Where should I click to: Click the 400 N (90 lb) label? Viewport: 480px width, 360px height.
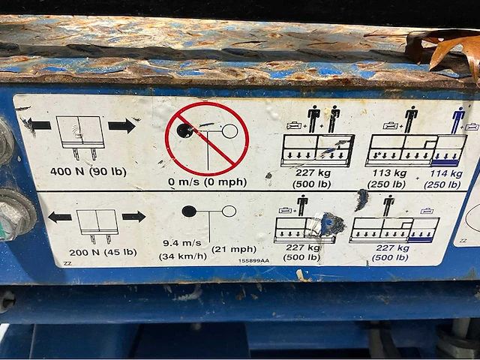click(x=88, y=172)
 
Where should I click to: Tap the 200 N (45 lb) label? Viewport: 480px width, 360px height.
click(x=103, y=253)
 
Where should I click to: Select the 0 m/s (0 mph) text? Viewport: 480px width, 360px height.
click(x=207, y=181)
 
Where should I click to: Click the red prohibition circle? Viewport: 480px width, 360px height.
click(x=207, y=139)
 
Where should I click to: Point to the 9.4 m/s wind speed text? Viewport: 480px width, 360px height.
click(x=182, y=243)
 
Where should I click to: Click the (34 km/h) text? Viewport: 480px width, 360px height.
click(x=183, y=256)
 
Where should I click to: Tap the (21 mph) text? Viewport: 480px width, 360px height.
click(x=234, y=249)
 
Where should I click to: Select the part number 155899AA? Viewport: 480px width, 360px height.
click(x=253, y=261)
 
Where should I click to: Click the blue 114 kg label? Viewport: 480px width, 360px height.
click(x=446, y=173)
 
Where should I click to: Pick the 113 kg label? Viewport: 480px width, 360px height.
click(x=389, y=173)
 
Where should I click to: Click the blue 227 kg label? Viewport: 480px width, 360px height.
click(x=393, y=247)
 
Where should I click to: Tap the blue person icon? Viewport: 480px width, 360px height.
click(x=458, y=120)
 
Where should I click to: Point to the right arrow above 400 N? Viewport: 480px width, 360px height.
click(x=121, y=126)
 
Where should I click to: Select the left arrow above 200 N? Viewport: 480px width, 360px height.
click(x=60, y=217)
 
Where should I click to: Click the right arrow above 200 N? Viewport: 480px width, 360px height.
click(x=133, y=217)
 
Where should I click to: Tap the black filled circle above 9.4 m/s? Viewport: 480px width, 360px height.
click(x=189, y=211)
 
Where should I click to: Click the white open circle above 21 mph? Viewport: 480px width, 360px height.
click(x=229, y=211)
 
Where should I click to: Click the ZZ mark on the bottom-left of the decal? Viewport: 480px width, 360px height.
click(x=67, y=263)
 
